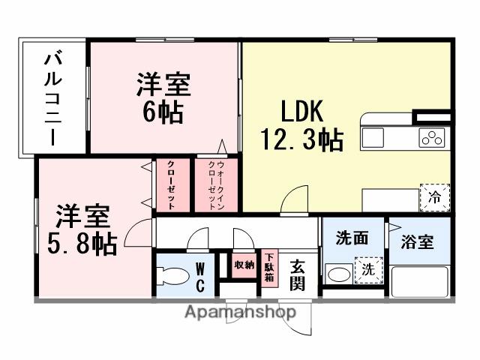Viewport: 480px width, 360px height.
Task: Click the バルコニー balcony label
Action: click(x=52, y=97)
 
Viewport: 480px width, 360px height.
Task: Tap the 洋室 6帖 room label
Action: click(x=163, y=98)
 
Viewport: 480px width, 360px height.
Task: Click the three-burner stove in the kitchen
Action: click(x=433, y=138)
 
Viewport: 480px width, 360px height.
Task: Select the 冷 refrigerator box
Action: click(x=434, y=198)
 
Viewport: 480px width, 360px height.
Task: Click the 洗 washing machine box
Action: click(x=367, y=270)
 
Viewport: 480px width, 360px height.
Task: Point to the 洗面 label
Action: click(x=351, y=238)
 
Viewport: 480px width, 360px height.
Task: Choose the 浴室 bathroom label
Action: click(x=418, y=243)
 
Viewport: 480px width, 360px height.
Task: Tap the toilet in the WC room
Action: click(x=170, y=275)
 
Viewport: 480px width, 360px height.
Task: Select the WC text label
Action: click(x=201, y=276)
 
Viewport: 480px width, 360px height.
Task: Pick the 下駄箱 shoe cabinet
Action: click(x=268, y=267)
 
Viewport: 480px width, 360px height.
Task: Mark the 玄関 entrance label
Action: click(x=298, y=274)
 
